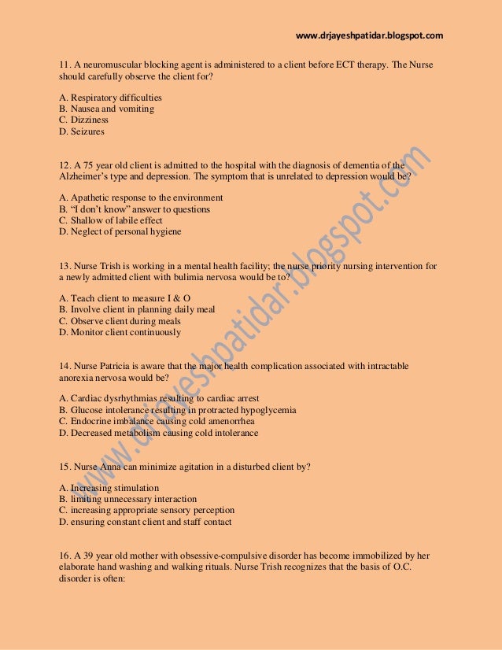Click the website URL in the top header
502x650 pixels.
tap(369, 35)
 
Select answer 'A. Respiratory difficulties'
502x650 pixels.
tap(111, 98)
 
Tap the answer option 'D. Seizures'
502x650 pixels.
tap(82, 131)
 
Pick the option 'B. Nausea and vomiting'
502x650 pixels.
tap(106, 109)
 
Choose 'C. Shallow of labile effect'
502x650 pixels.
tap(111, 221)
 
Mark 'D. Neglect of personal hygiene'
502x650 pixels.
tap(120, 232)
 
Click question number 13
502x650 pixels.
tap(65, 267)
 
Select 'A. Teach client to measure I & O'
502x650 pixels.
tap(125, 299)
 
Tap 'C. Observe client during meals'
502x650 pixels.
tap(120, 321)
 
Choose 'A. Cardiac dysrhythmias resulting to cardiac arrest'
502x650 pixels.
tap(159, 399)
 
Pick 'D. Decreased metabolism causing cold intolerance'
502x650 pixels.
tap(158, 433)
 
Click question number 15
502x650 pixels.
tap(65, 467)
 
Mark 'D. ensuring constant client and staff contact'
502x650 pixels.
tap(146, 521)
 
